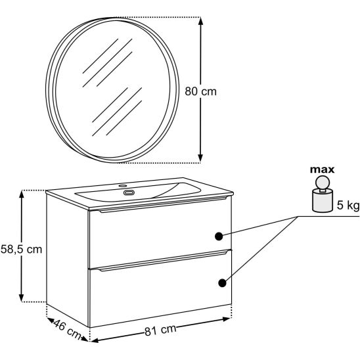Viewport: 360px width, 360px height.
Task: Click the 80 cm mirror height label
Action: point(200,91)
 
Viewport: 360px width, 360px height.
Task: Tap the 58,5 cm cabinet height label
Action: point(22,249)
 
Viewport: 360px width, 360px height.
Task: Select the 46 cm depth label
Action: point(67,330)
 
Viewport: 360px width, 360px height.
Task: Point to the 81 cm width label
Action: point(160,330)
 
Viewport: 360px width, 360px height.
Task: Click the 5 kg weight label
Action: point(348,205)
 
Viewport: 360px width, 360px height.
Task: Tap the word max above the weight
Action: point(322,169)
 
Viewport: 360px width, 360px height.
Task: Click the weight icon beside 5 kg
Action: point(323,194)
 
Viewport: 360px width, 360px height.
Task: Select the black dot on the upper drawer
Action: point(219,236)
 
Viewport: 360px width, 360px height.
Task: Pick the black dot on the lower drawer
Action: point(222,283)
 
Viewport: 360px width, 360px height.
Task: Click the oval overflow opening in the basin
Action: point(129,192)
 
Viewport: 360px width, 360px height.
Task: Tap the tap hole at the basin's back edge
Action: point(123,185)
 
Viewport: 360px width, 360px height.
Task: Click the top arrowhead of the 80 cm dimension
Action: point(200,22)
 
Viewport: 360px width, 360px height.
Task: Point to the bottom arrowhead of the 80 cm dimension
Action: point(200,158)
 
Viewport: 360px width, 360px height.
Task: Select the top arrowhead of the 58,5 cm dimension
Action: point(22,194)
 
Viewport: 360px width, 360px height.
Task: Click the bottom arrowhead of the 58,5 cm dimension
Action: point(22,298)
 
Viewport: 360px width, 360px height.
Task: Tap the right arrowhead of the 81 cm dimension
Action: point(226,319)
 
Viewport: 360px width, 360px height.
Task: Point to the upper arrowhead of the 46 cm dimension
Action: point(51,320)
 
